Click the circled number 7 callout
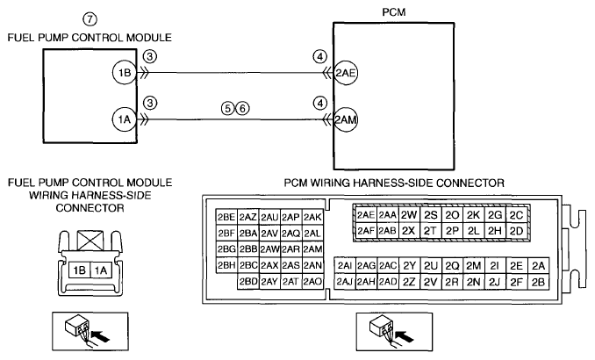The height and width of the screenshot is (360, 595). [x=90, y=19]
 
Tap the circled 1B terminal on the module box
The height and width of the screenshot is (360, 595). [x=125, y=73]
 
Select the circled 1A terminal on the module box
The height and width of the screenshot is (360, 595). [x=125, y=119]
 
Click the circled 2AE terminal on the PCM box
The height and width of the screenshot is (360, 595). [x=345, y=73]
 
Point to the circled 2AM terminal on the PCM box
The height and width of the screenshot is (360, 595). [x=345, y=120]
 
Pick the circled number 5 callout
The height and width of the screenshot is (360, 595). [x=227, y=109]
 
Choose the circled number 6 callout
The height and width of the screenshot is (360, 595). [x=242, y=109]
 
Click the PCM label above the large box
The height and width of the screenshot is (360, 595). [x=393, y=12]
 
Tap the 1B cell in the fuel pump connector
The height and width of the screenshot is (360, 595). [x=79, y=270]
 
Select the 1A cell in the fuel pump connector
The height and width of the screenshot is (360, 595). [x=101, y=270]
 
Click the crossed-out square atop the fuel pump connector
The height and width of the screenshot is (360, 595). [x=90, y=241]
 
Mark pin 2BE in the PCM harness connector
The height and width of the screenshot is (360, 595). [x=226, y=217]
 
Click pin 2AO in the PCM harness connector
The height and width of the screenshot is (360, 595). [x=312, y=281]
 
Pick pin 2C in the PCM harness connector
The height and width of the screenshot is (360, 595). [x=516, y=215]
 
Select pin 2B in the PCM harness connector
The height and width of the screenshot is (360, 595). [x=538, y=282]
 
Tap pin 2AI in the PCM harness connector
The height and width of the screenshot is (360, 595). [x=345, y=266]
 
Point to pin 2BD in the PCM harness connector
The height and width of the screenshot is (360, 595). [x=248, y=281]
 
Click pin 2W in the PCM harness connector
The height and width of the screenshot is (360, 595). [x=409, y=215]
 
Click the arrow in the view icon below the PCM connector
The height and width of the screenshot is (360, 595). [x=405, y=335]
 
